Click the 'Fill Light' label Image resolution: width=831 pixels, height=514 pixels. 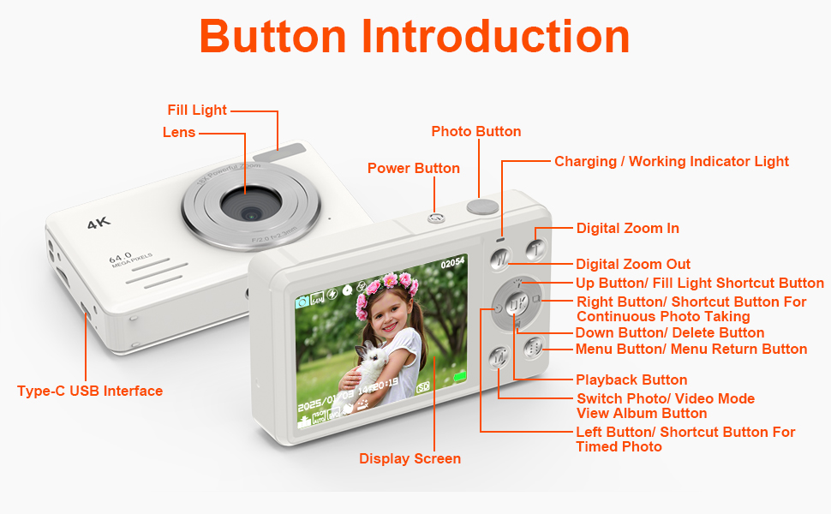point(197,110)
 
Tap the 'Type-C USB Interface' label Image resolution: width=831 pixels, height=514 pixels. point(90,391)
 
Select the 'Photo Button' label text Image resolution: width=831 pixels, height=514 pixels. point(475,131)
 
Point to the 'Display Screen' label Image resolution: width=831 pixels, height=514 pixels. point(410,458)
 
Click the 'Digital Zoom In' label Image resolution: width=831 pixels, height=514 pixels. point(627,228)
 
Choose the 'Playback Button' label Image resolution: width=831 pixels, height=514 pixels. point(631,380)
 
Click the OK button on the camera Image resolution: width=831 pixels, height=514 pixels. point(516,304)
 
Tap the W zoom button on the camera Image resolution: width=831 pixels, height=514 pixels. point(502,257)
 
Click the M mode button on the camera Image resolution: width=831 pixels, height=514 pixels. point(499,358)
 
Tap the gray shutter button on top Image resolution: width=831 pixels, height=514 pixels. point(483,206)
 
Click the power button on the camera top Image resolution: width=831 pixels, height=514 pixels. point(435,218)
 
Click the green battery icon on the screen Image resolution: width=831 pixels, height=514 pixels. point(461,376)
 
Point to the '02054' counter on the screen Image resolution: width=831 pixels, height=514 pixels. point(451,263)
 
